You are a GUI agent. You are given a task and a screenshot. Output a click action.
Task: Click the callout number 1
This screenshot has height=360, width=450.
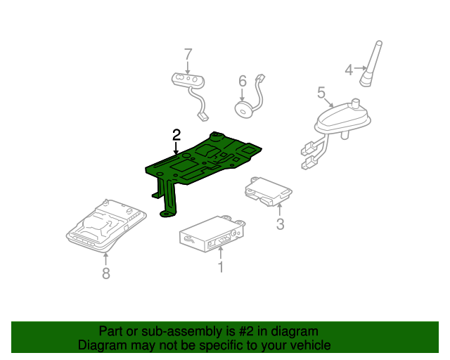click(x=220, y=266)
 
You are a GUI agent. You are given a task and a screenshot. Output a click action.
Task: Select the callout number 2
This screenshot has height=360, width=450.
click(x=176, y=134)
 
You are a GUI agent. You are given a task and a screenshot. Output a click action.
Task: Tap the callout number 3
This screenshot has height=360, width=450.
click(x=280, y=224)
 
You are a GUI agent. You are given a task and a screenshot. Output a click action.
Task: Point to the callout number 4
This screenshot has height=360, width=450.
click(x=348, y=69)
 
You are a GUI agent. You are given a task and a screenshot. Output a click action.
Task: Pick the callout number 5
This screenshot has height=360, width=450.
click(x=321, y=92)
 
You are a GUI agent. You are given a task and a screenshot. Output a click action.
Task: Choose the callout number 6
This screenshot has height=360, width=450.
click(x=242, y=81)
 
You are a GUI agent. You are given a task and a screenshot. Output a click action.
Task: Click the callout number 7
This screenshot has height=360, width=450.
click(x=188, y=53)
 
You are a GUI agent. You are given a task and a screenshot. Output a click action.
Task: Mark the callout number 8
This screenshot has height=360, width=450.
click(x=106, y=273)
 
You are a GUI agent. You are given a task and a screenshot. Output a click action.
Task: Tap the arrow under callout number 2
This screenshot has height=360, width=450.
click(x=176, y=148)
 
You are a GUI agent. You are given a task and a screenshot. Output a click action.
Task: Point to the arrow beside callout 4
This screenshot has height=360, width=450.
click(x=359, y=69)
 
